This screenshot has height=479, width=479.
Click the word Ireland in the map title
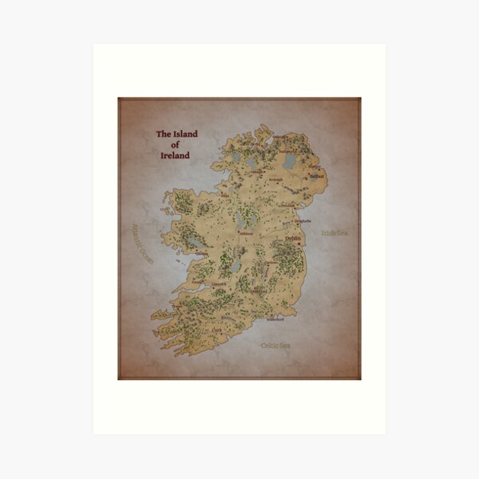click(x=175, y=156)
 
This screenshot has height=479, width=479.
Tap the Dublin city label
click(x=291, y=238)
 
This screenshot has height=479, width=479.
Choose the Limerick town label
click(x=220, y=283)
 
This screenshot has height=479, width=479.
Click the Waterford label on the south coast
click(x=274, y=319)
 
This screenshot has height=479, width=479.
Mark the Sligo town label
click(x=225, y=194)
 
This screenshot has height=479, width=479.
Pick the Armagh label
click(x=275, y=180)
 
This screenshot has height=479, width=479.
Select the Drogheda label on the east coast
click(x=302, y=221)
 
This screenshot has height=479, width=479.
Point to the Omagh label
click(x=256, y=170)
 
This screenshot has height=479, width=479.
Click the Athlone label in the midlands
click(x=245, y=233)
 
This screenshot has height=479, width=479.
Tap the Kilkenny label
click(x=259, y=291)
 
